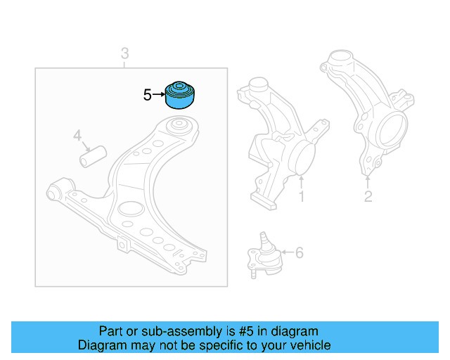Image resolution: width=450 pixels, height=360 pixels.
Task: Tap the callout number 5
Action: (147, 94)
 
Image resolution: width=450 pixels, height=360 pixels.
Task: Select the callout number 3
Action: (124, 53)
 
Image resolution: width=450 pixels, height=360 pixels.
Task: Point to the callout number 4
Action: (77, 135)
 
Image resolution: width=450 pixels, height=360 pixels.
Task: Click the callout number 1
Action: (302, 197)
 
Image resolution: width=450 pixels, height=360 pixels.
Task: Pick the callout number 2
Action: (368, 196)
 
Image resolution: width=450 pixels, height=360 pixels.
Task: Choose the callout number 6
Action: (299, 252)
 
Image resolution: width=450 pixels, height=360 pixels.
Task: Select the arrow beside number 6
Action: (284, 252)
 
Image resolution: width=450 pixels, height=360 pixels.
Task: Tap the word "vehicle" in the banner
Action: (310, 345)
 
